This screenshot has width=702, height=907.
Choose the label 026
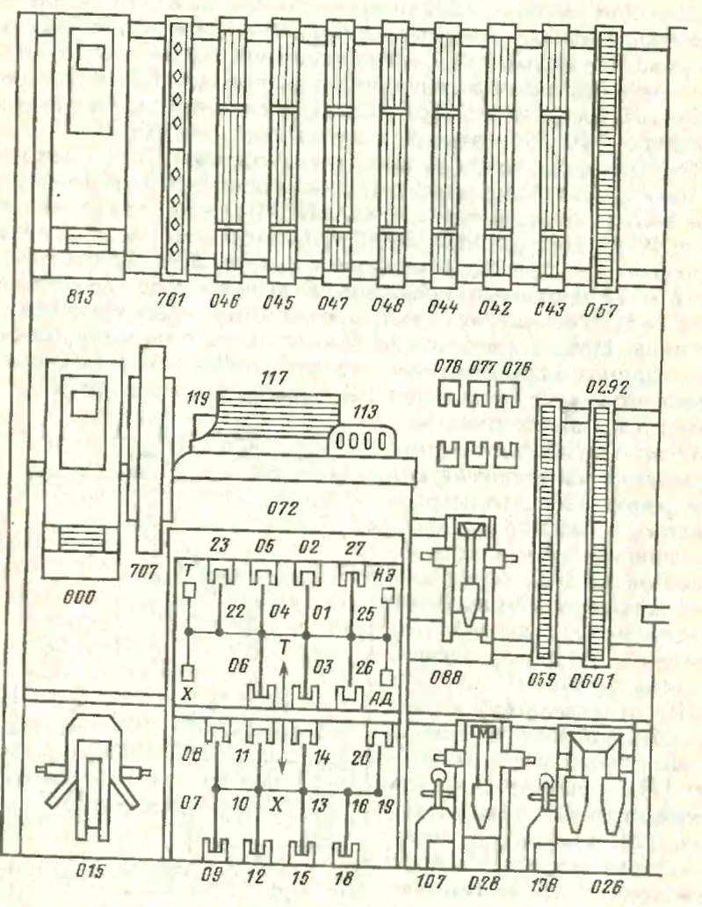(591, 881)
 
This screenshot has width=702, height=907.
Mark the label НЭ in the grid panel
(381, 571)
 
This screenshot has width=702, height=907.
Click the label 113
(363, 410)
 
